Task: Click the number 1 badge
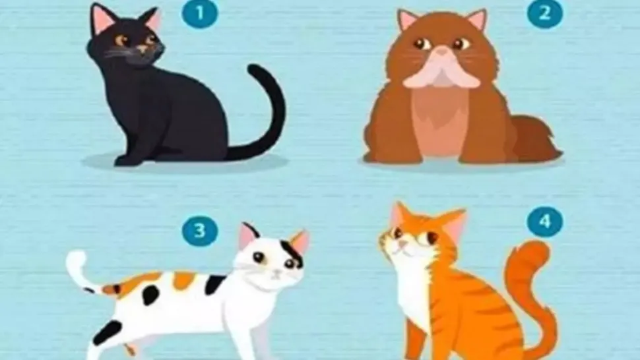(x=200, y=14)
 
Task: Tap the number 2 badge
(x=544, y=14)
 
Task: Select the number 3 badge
(x=200, y=231)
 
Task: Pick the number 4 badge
(x=544, y=222)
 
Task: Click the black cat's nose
(x=143, y=49)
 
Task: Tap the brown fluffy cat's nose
(x=441, y=52)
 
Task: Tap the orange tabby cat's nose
(x=402, y=244)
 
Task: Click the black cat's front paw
(x=126, y=160)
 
